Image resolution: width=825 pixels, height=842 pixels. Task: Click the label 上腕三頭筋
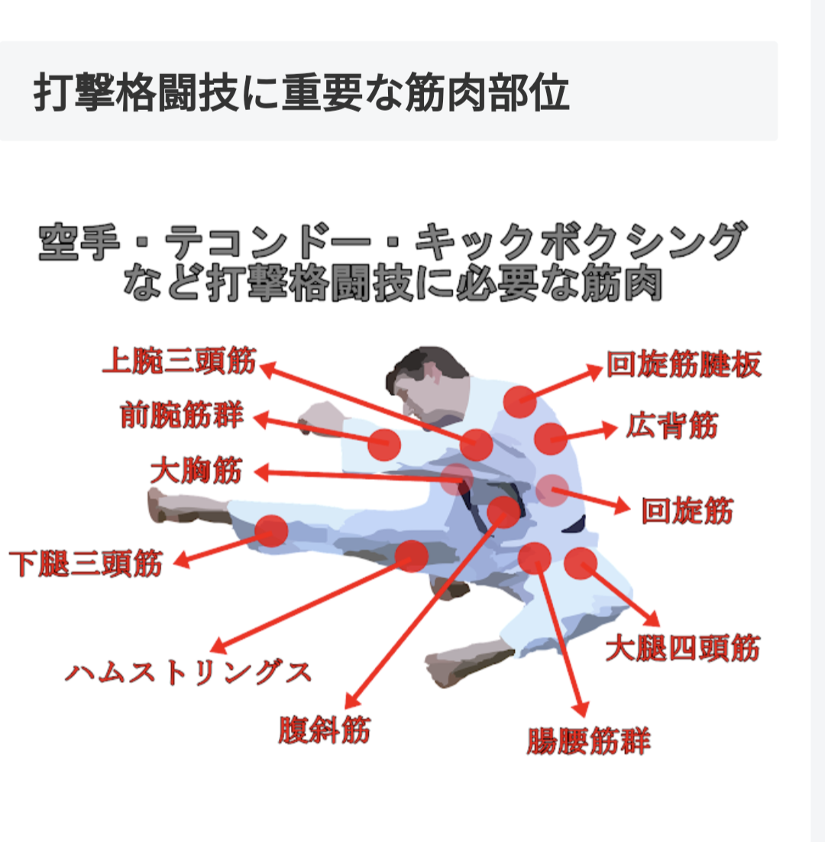[x=180, y=361]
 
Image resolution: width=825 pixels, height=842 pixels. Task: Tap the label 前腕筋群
[x=182, y=415]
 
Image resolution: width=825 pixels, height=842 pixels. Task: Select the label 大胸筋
[x=196, y=471]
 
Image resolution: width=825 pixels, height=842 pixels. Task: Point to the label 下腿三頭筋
[x=86, y=563]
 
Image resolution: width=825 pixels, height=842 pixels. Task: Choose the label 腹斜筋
[x=324, y=730]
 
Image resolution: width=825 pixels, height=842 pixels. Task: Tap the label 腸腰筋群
[x=588, y=741]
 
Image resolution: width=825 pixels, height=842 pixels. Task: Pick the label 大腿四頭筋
[x=683, y=648]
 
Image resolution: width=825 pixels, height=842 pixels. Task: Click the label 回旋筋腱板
[x=684, y=364]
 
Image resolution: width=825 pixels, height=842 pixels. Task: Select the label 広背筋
[x=671, y=426]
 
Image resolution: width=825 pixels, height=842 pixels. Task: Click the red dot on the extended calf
[x=271, y=530]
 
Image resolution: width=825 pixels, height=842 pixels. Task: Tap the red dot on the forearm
[x=384, y=444]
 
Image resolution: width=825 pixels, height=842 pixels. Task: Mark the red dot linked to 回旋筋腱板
[x=519, y=401]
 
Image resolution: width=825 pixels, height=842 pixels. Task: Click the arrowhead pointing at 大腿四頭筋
[x=652, y=620]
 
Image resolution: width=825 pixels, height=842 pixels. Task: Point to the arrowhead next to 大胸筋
[x=261, y=473]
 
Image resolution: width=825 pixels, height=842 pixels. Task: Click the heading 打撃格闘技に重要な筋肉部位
[x=301, y=92]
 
